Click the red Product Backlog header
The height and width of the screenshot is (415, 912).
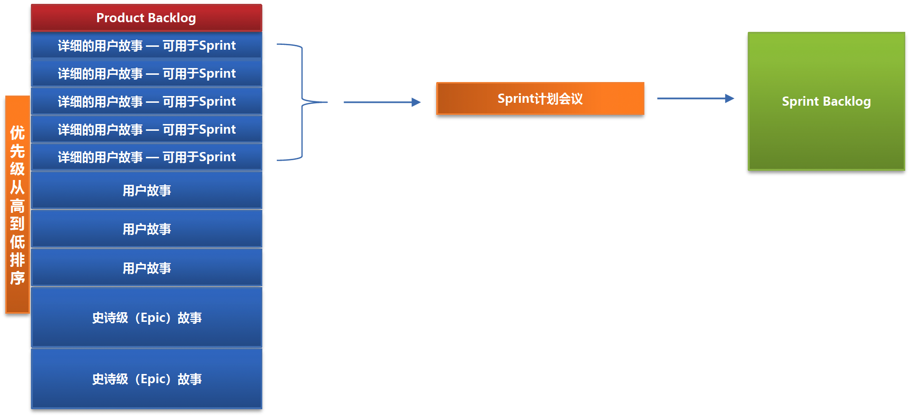tap(146, 18)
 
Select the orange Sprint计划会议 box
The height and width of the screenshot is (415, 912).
tap(540, 98)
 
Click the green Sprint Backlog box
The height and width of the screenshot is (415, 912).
tap(826, 101)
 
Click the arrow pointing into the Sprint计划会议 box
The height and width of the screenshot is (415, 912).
tap(382, 102)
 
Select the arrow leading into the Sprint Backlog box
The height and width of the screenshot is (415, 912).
tap(696, 98)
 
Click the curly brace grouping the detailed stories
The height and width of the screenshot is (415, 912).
tap(302, 102)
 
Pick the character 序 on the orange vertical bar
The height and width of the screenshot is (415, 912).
tap(17, 278)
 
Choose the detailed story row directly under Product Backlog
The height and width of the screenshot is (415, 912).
tap(146, 45)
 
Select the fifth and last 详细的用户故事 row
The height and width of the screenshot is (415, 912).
tap(146, 157)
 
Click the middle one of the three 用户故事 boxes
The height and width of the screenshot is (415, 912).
tap(146, 229)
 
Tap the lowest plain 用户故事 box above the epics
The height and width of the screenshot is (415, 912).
tap(146, 268)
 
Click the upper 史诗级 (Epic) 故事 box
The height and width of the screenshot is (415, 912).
tap(146, 318)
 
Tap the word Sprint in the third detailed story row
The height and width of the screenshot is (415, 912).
tap(217, 102)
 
